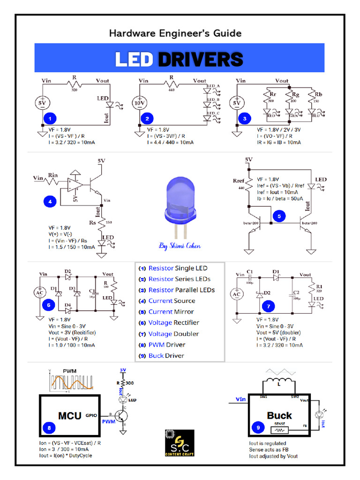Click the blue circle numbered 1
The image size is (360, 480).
point(50,119)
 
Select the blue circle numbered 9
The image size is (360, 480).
point(257,427)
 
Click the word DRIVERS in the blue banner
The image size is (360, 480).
point(200,60)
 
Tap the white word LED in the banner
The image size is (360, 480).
point(134,60)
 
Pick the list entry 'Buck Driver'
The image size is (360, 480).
point(166,355)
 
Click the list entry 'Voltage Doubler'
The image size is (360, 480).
point(173,334)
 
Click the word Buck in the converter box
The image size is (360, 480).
point(279,415)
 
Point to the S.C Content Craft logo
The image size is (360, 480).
point(180,442)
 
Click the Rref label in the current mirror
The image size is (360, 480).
point(239,181)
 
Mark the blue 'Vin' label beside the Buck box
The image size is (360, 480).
point(241,399)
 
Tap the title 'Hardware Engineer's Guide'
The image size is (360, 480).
point(175,33)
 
